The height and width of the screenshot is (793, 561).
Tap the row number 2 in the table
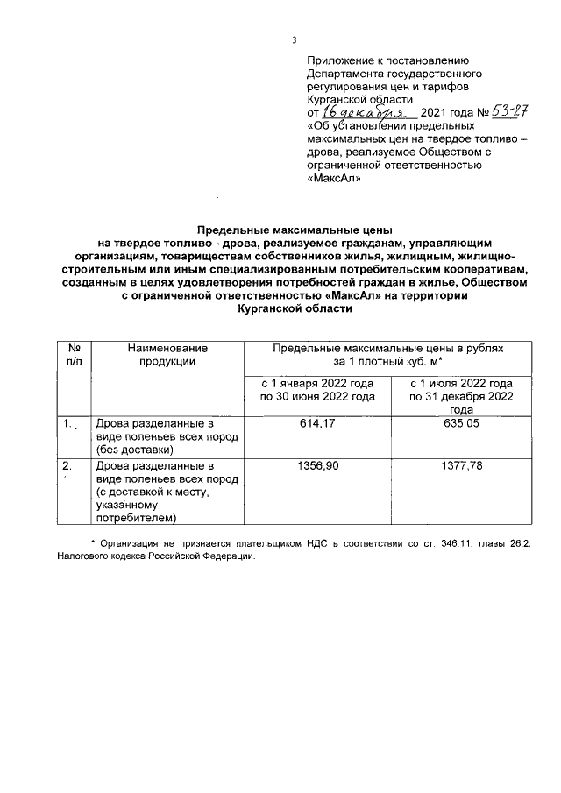[67, 466]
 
